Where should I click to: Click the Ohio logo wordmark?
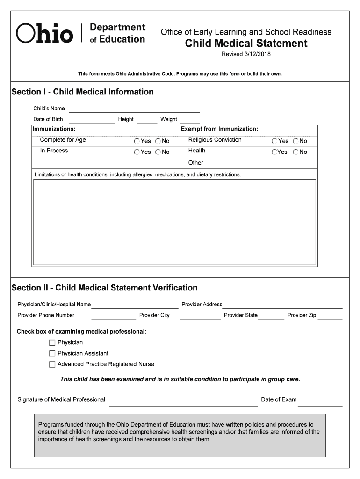(45, 34)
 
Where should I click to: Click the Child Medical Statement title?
(246, 44)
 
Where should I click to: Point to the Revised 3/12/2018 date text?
(246, 54)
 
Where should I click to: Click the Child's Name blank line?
(134, 109)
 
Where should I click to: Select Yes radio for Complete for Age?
(137, 141)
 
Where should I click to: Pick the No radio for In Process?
(158, 152)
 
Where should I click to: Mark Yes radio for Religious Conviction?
(274, 141)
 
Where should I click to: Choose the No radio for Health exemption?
(296, 152)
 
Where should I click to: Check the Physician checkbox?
(52, 343)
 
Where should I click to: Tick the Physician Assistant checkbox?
(52, 354)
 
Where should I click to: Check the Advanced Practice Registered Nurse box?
(52, 364)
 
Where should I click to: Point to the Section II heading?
(104, 288)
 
